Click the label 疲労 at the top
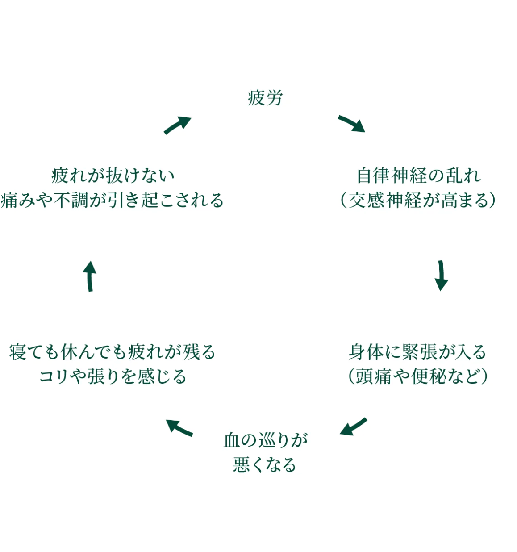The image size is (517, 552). [x=265, y=98]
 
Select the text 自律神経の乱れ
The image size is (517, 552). [x=419, y=176]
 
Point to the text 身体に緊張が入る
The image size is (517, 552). [x=417, y=352]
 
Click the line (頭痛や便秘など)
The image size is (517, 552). [x=417, y=376]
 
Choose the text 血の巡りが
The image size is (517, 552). [x=266, y=440]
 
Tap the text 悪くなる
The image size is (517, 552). [x=265, y=465]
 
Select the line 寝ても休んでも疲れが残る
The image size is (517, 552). [x=112, y=352]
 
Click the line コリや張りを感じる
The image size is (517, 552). [x=113, y=376]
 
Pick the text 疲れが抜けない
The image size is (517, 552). [x=113, y=176]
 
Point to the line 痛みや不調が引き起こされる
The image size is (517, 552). [x=112, y=200]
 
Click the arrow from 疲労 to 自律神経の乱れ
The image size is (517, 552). [x=352, y=124]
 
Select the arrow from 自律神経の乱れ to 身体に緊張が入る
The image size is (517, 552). [x=441, y=275]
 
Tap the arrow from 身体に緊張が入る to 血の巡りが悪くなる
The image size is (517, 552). [x=353, y=427]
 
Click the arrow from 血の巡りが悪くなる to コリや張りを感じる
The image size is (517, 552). [x=179, y=428]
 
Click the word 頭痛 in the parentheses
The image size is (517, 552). [x=373, y=376]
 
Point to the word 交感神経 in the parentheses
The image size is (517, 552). [x=385, y=200]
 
